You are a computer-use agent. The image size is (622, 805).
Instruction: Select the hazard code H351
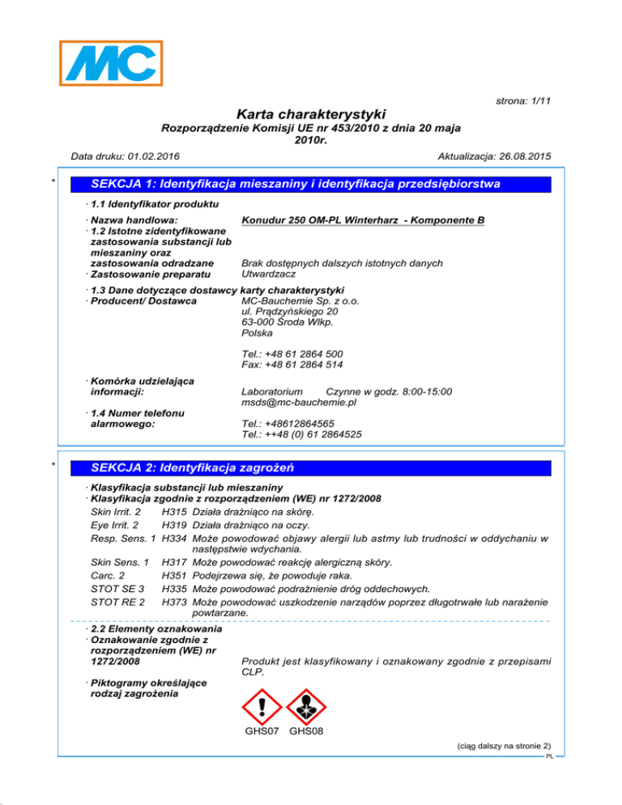[170, 575]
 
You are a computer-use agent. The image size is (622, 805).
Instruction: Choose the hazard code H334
[170, 536]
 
